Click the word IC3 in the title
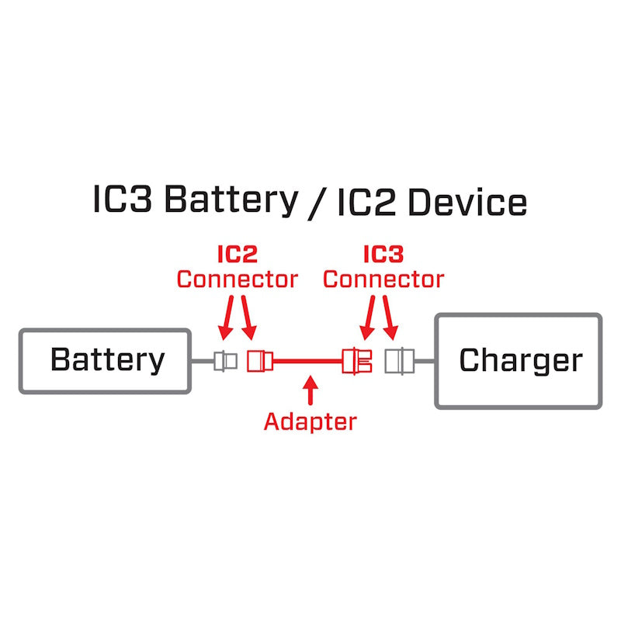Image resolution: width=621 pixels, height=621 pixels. pyautogui.click(x=123, y=200)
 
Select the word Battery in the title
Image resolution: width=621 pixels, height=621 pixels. pyautogui.click(x=231, y=200)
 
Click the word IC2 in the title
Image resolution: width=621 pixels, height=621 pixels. pyautogui.click(x=368, y=201)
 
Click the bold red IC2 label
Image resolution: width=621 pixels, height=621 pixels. pyautogui.click(x=237, y=254)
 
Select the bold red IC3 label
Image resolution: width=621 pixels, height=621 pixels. pyautogui.click(x=383, y=254)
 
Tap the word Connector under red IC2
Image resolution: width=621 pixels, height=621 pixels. pyautogui.click(x=237, y=279)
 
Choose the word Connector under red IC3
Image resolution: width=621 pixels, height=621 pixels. pyautogui.click(x=383, y=279)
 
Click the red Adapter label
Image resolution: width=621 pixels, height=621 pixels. pyautogui.click(x=310, y=422)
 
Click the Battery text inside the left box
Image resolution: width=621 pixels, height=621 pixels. pyautogui.click(x=107, y=360)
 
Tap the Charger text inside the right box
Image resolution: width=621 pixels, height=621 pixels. pyautogui.click(x=520, y=360)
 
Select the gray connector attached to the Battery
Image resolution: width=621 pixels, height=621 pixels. pyautogui.click(x=226, y=361)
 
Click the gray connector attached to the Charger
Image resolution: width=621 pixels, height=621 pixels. pyautogui.click(x=398, y=361)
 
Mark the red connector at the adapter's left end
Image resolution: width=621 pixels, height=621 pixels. pyautogui.click(x=259, y=361)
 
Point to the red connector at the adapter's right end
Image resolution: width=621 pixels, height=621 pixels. pyautogui.click(x=358, y=361)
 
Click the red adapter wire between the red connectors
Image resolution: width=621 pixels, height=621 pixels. pyautogui.click(x=307, y=361)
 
